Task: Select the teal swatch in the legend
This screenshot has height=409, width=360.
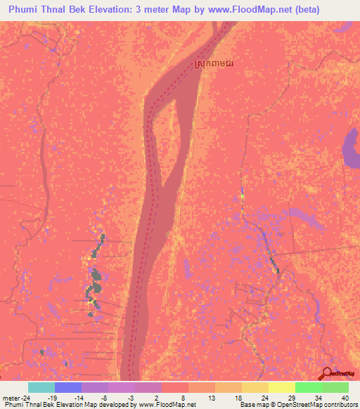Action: click(x=41, y=387)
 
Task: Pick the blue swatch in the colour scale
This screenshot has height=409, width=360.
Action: click(x=68, y=387)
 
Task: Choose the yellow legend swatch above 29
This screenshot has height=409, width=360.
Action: click(x=282, y=387)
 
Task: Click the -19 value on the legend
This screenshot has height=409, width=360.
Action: click(x=52, y=397)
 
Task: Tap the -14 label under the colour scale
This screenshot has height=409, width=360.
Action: click(x=79, y=397)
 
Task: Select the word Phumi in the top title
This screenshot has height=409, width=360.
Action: click(x=25, y=10)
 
